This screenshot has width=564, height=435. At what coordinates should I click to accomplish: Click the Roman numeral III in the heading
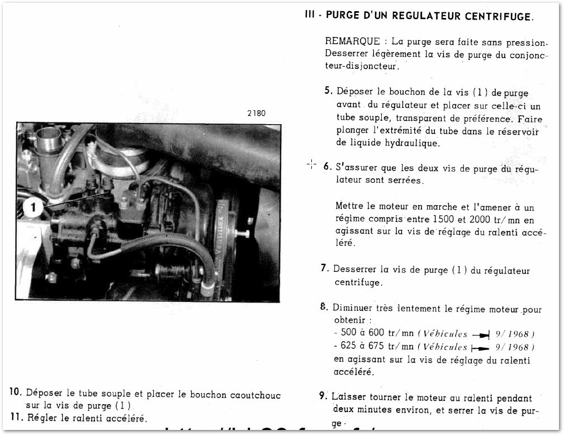310,16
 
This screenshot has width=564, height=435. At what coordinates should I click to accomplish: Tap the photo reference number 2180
256,113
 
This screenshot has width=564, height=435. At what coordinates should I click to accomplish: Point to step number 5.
328,91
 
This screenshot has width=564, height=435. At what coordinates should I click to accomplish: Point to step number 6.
328,166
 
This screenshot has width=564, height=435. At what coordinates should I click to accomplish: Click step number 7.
324,268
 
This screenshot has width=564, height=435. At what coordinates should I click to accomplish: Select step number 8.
324,307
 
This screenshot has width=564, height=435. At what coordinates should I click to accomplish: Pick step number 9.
323,396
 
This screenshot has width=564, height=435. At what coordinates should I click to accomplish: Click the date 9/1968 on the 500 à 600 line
512,334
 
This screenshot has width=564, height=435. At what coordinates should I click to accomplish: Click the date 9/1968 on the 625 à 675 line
512,347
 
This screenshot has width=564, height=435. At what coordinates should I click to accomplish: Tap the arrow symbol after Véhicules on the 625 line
481,347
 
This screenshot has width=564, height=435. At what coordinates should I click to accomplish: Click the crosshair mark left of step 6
311,164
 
